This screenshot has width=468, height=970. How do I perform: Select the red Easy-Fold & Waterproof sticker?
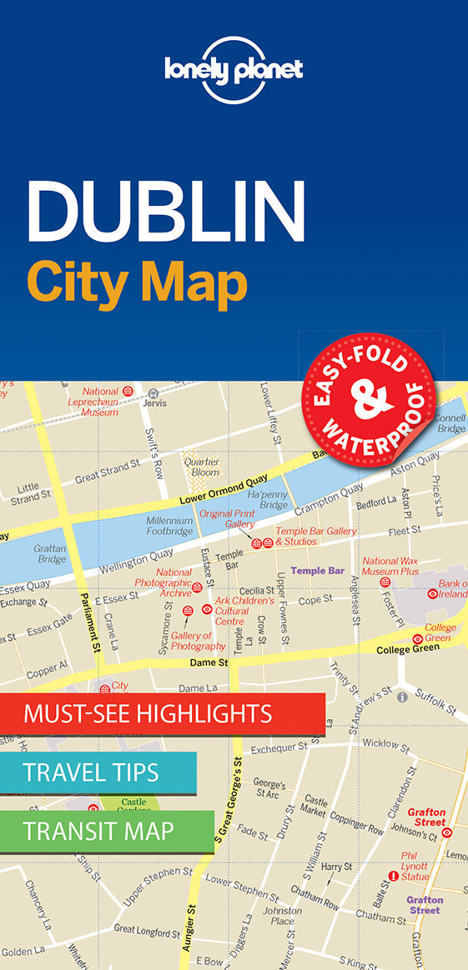pos(369,395)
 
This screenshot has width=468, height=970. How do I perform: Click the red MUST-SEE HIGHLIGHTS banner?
pos(162,713)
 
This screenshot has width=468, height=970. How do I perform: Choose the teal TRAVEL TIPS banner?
pos(98,772)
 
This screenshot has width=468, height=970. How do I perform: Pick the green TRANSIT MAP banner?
pos(106,831)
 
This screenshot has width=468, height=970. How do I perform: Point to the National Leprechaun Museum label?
pos(94,401)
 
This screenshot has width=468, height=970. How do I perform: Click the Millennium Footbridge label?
pos(169,525)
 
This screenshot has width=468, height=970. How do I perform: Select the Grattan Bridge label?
pos(51,554)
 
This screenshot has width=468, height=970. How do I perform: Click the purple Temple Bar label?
pos(318,571)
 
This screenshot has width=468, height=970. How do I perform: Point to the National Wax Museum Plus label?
pos(390,567)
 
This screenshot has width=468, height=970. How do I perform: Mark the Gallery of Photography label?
pos(199,641)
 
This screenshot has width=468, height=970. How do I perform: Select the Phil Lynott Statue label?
pos(415,866)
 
